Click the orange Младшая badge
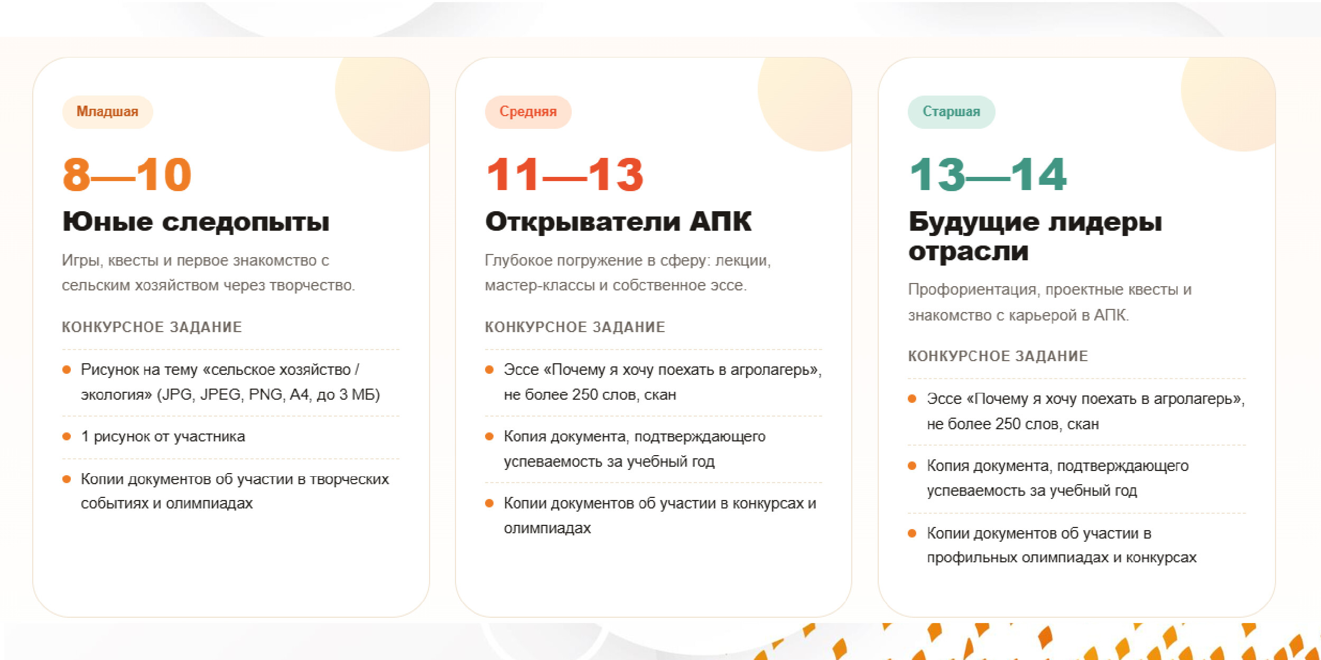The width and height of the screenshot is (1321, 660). pos(107,111)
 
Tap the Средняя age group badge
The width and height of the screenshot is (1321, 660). pos(528,111)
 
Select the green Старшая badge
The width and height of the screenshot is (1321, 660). pos(951,111)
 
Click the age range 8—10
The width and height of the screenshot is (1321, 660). pos(127,174)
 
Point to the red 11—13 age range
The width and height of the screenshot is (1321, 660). pos(564,174)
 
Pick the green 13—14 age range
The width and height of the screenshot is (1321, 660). pos(988,174)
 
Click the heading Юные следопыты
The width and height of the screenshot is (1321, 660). pos(196,222)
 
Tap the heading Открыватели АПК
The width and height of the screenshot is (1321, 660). pos(618,221)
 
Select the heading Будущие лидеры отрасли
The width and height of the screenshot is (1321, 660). pos(1035,236)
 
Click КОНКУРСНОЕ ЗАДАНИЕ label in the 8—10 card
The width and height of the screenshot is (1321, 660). pos(152,327)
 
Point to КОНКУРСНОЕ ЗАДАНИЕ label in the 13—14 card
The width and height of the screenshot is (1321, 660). pos(998,356)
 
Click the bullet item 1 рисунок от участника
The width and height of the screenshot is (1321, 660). pos(163,437)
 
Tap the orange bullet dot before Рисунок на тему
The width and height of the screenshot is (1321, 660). pos(67,370)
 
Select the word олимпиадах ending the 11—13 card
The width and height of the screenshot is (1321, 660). pos(547,528)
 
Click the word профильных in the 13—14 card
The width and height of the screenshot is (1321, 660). pos(973,558)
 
